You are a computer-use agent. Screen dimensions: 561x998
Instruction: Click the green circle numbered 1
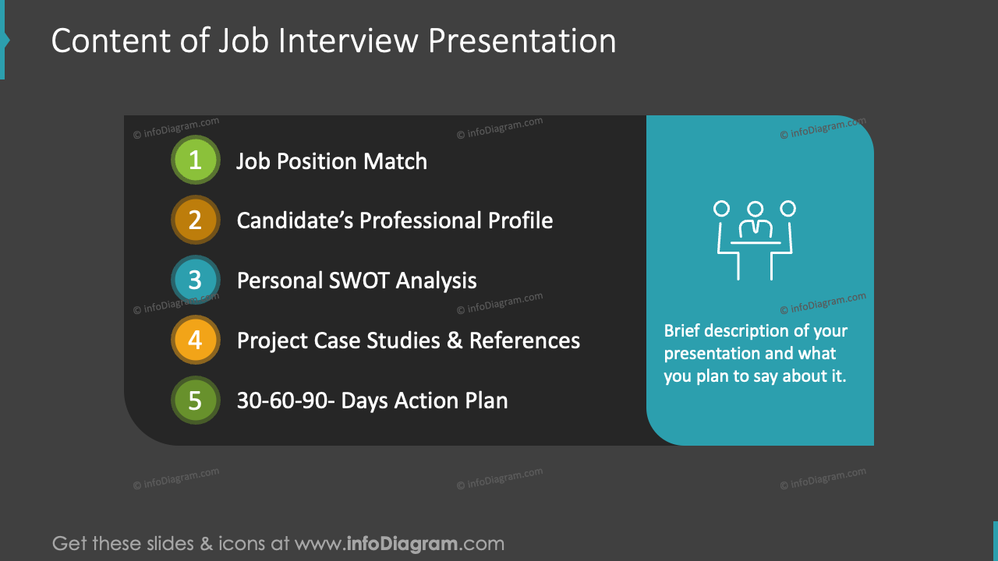point(195,161)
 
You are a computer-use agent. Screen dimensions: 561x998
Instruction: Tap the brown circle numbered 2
point(195,221)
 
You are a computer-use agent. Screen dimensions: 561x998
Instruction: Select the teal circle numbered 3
point(195,280)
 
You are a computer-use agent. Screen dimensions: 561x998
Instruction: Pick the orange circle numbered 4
point(195,340)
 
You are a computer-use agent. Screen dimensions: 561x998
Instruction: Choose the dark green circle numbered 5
point(195,400)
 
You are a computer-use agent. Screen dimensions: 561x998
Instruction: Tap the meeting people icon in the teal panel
point(755,239)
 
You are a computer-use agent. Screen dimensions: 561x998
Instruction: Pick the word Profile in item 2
point(521,221)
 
